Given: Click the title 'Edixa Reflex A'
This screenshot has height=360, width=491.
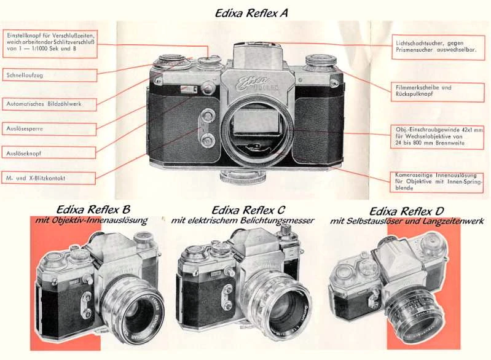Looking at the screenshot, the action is click(x=251, y=12).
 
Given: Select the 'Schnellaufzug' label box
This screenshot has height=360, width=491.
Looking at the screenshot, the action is click(x=49, y=75).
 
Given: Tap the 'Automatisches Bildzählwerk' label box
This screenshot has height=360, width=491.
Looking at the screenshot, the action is click(x=49, y=104).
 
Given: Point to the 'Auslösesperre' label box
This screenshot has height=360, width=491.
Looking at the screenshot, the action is click(x=49, y=129).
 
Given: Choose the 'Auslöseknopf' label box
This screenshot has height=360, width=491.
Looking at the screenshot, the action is click(x=49, y=152).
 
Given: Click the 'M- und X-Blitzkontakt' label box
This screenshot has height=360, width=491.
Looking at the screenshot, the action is click(x=49, y=178).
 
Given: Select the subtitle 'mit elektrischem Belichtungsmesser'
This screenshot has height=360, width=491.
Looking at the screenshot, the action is click(x=243, y=221).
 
